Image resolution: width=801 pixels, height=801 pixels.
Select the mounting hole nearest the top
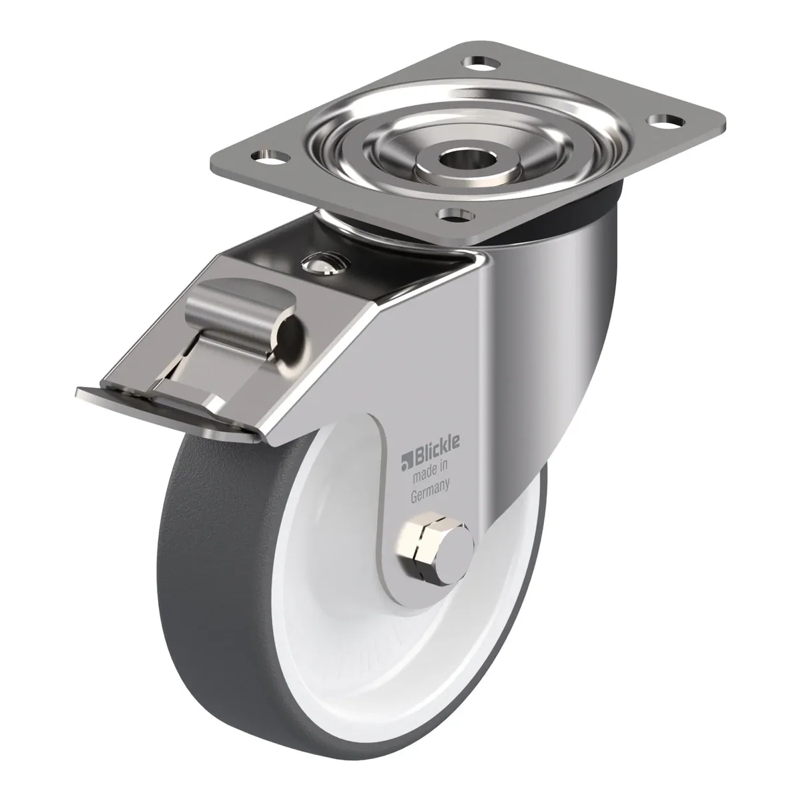pos(482,64)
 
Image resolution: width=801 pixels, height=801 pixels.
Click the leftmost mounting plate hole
pos(270,158)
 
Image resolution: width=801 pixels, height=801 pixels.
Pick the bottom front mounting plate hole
pos(457,214)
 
